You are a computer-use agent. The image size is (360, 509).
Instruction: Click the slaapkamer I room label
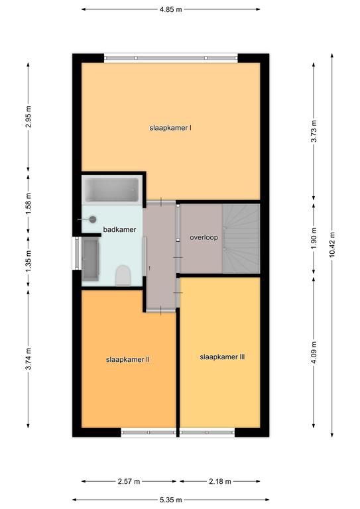tap(170, 128)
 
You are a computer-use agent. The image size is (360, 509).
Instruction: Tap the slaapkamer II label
tap(128, 360)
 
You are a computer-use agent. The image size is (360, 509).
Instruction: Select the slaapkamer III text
tap(222, 357)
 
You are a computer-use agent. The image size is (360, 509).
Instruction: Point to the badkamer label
tap(119, 229)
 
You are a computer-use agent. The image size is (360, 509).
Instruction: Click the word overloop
tap(204, 238)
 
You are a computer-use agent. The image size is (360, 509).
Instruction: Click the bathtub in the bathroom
tap(112, 190)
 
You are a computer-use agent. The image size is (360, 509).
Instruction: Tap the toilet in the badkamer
tap(123, 275)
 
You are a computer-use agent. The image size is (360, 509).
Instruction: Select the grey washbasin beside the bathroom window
tap(90, 259)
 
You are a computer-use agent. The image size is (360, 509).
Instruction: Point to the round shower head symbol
tap(93, 219)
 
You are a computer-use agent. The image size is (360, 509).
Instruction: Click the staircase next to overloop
tap(241, 239)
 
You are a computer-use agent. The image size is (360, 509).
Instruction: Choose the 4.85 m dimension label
tap(171, 9)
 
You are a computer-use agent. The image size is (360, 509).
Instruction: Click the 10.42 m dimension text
tap(332, 245)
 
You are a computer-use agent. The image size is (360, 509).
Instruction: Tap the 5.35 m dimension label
tap(171, 500)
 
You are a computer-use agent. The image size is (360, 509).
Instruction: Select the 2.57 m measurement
tap(129, 481)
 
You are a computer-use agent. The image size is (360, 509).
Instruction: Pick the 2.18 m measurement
tap(220, 481)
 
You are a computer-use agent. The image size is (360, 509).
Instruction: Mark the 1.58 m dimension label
tap(29, 203)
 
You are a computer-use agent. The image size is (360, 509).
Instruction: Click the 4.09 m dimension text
tap(314, 353)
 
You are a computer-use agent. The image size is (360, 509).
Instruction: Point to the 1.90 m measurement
tap(314, 239)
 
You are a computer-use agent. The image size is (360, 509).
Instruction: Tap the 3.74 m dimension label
tap(29, 359)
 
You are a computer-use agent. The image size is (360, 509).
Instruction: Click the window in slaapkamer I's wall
tap(171, 58)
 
